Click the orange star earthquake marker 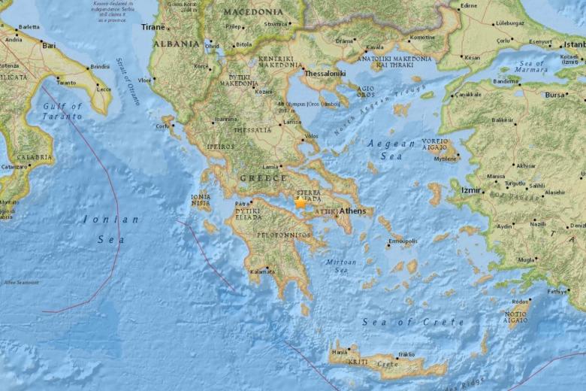click(x=301, y=202)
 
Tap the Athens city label click(x=352, y=211)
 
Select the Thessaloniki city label click(x=325, y=74)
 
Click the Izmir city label click(x=471, y=190)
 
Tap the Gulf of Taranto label click(x=62, y=111)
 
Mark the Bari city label click(x=49, y=45)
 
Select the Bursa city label click(x=555, y=95)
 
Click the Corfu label click(x=162, y=126)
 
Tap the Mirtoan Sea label click(x=341, y=265)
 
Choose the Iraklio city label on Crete click(x=406, y=353)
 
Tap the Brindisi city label click(x=100, y=67)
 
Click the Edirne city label click(x=469, y=5)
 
